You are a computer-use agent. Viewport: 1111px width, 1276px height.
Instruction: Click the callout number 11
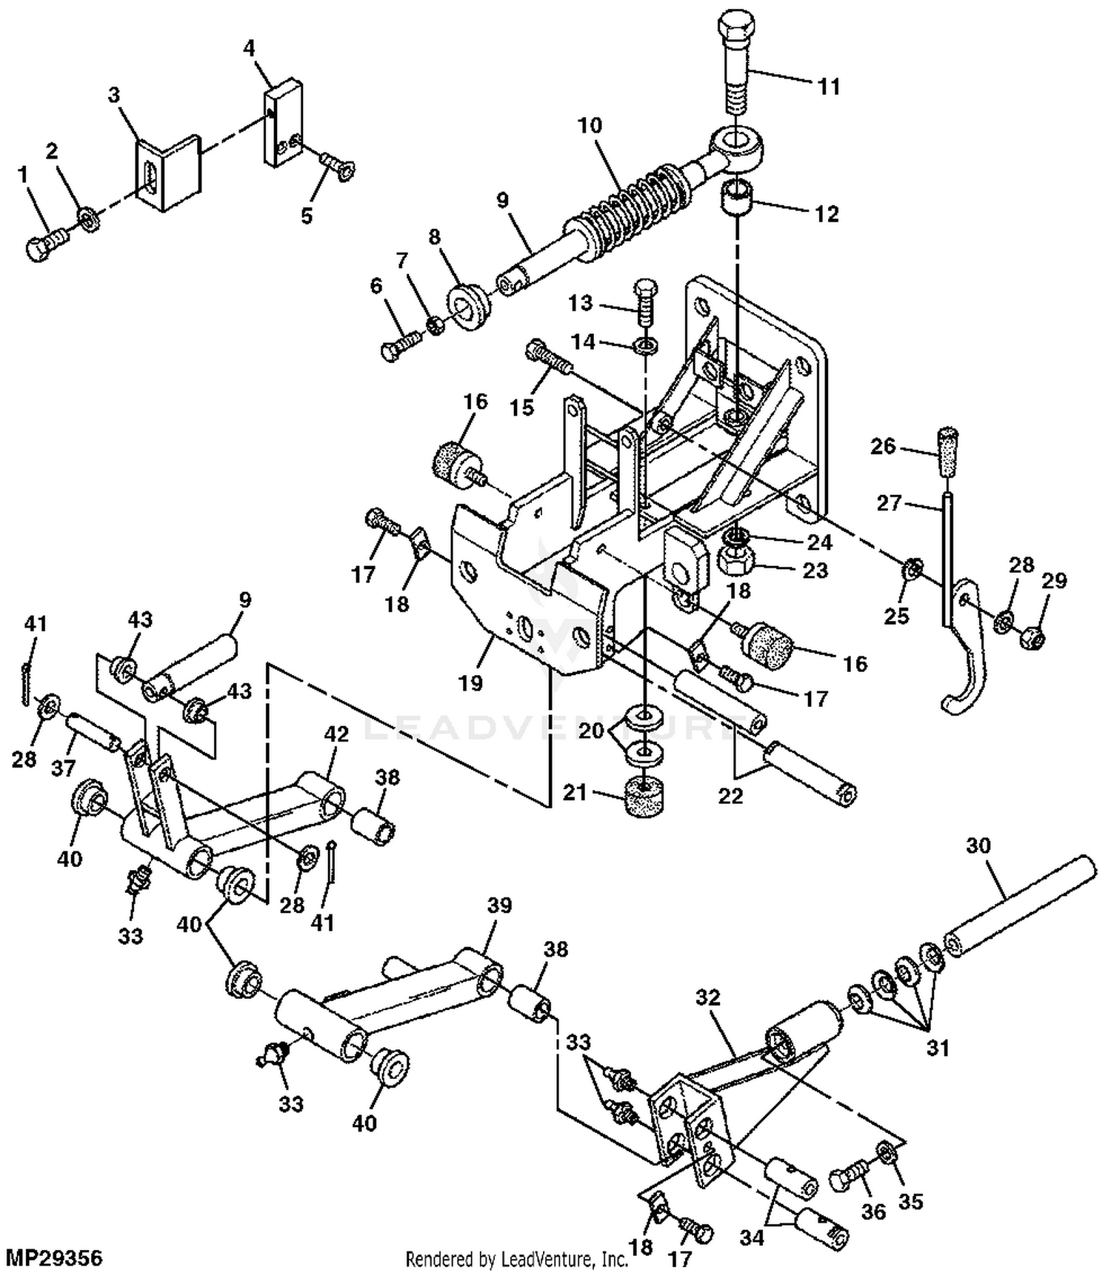click(829, 87)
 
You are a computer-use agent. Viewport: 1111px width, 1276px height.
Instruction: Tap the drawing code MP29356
click(53, 1257)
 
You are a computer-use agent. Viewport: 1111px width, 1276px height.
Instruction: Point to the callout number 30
click(978, 845)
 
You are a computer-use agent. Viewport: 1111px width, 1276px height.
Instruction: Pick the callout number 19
click(470, 682)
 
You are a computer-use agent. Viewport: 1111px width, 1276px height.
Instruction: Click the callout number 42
click(336, 734)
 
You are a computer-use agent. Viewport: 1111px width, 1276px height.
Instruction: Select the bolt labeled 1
click(46, 243)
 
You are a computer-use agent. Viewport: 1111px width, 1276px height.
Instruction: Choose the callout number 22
click(730, 796)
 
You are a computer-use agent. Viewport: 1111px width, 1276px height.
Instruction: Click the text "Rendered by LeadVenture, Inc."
click(516, 1259)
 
